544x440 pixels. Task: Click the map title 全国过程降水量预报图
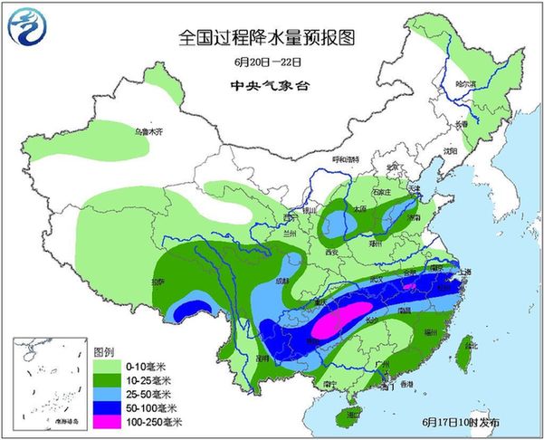pos(265,38)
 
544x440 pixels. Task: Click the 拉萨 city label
pos(158,282)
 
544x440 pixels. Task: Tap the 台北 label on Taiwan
pos(468,344)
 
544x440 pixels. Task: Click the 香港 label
pos(392,385)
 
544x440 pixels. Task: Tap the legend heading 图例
pos(103,351)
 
